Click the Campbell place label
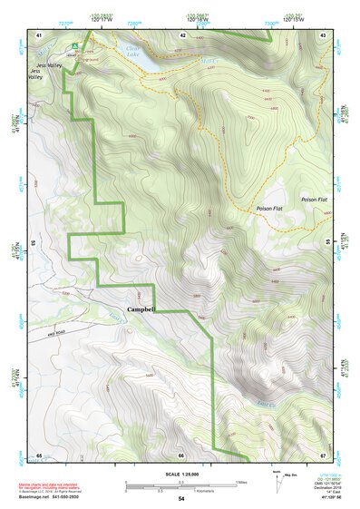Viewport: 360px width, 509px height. click(141, 309)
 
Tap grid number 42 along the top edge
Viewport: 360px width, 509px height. click(182, 34)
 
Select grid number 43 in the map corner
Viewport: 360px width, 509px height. click(324, 34)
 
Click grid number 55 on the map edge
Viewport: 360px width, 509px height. click(328, 242)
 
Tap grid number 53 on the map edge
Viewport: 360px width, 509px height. click(34, 242)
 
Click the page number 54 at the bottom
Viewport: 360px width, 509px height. click(181, 499)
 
